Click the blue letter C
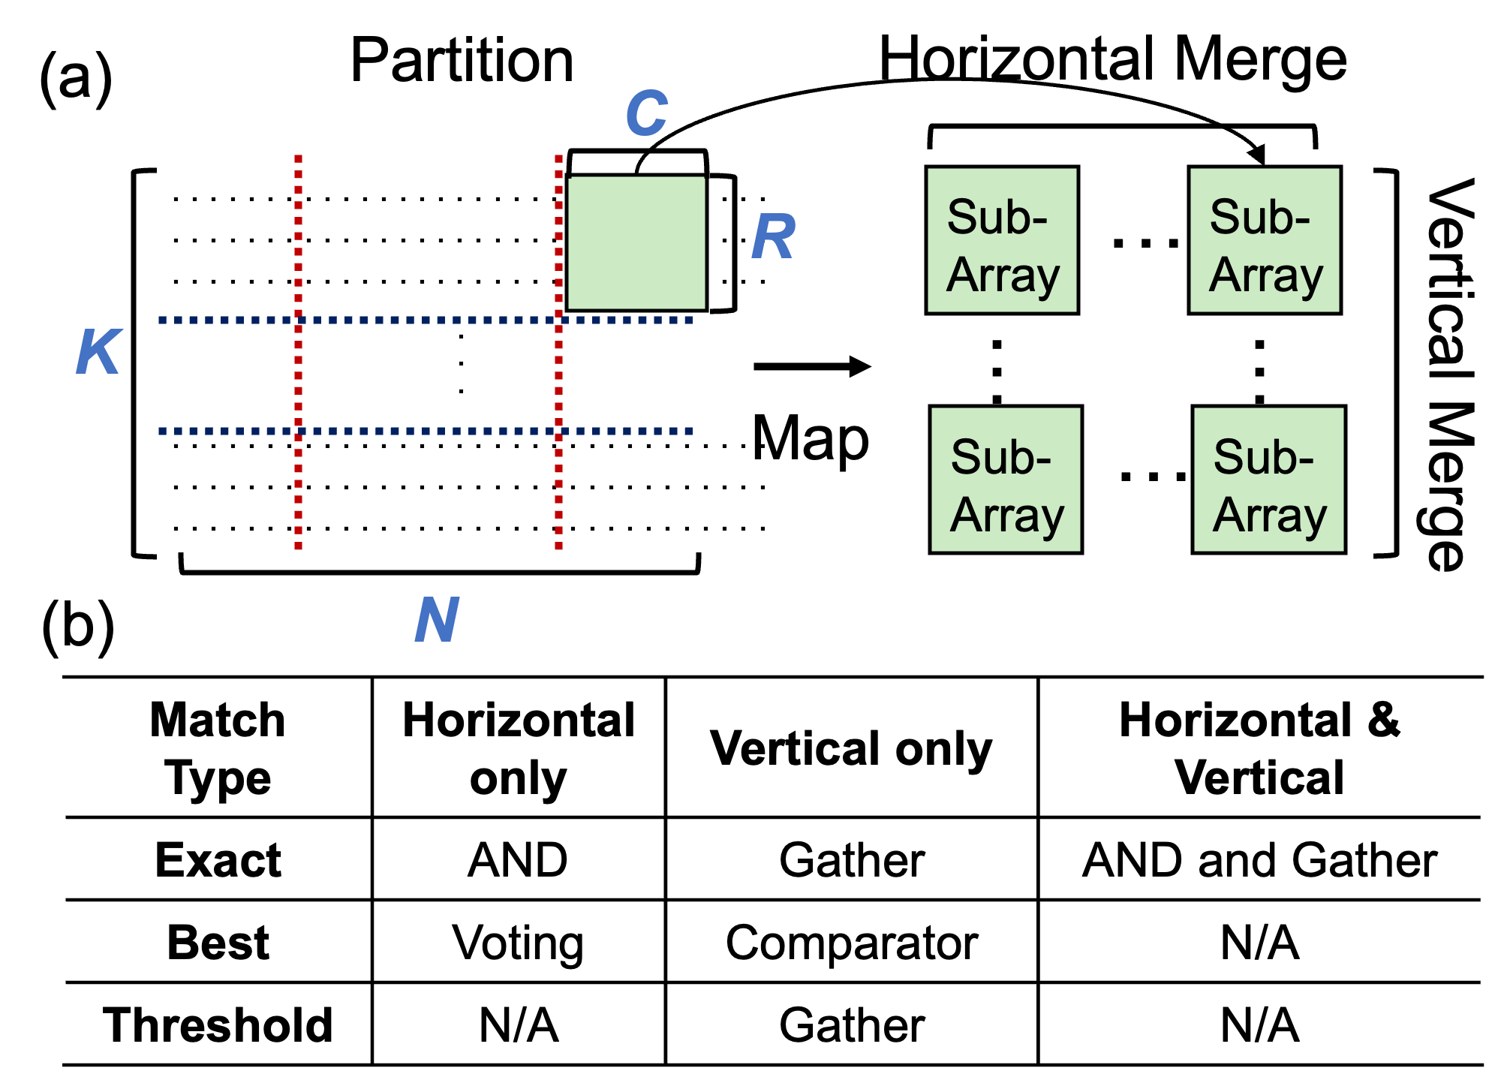tap(646, 113)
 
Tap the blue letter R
tap(773, 236)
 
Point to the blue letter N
tap(437, 619)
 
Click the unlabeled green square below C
tap(636, 242)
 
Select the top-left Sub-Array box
tap(1002, 240)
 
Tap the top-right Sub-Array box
tap(1265, 240)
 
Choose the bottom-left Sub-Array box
tap(1006, 480)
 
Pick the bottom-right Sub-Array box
tap(1268, 480)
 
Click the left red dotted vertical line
tap(299, 488)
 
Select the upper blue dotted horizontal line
tap(428, 320)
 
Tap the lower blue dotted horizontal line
tap(428, 432)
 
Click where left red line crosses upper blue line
tap(299, 320)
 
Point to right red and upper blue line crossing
tap(558, 320)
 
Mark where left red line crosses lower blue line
tap(299, 432)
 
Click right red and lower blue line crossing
tap(558, 432)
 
